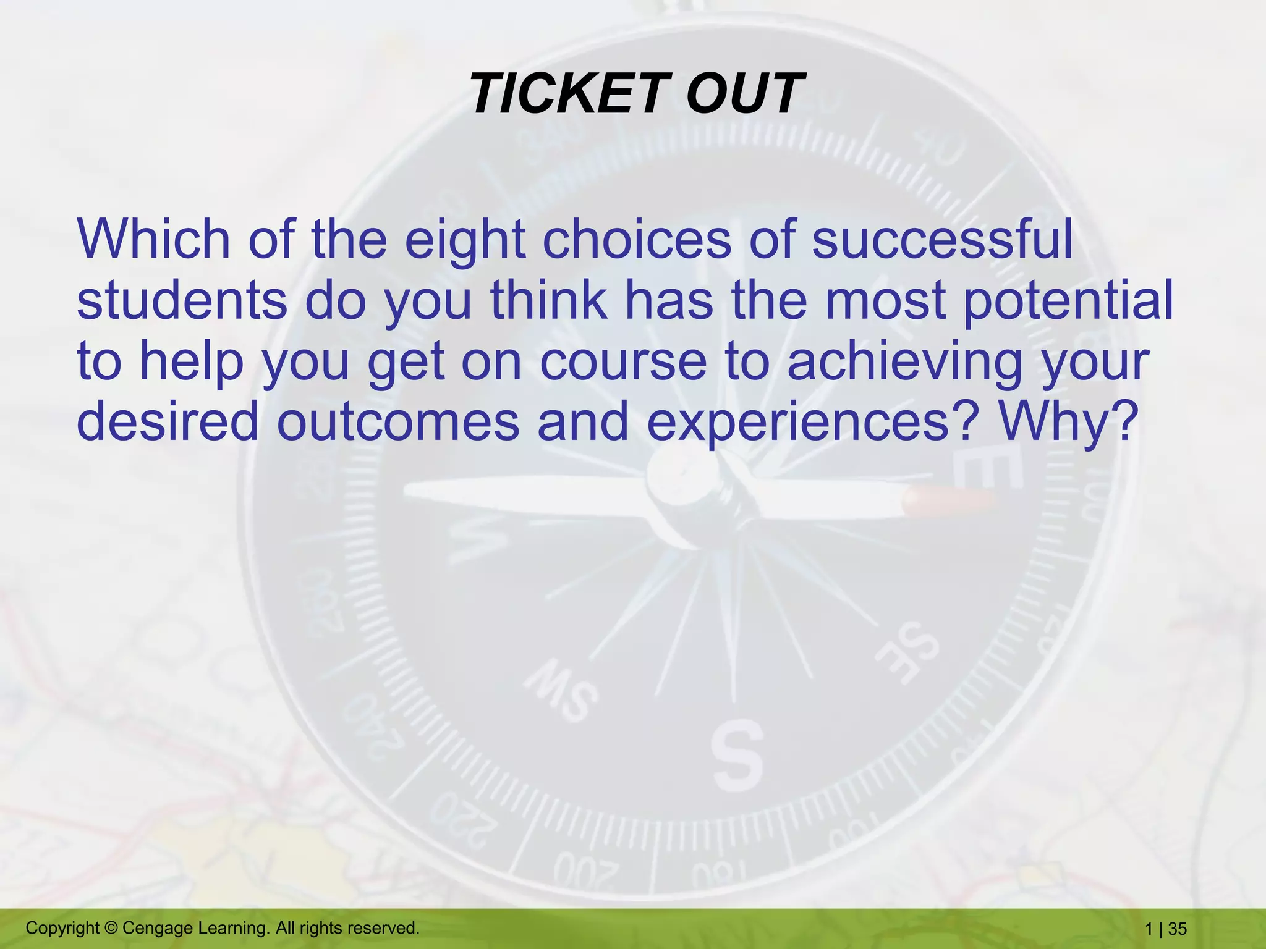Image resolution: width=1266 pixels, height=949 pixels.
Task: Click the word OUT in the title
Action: [x=744, y=94]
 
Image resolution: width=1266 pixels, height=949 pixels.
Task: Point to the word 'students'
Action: [x=182, y=301]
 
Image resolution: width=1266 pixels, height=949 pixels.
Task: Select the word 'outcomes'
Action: [x=397, y=422]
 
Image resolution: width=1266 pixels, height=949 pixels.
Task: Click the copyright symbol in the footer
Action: [x=111, y=928]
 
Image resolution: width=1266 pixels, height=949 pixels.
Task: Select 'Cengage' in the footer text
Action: [x=158, y=928]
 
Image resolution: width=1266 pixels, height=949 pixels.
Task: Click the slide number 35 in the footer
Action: [x=1178, y=929]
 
